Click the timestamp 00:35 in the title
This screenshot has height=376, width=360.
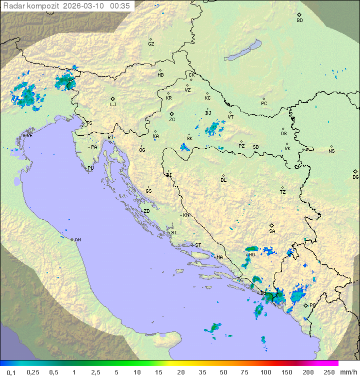click(121, 6)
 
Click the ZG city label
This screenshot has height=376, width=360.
click(172, 120)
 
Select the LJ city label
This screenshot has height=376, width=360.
click(113, 105)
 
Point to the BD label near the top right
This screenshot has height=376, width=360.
click(299, 21)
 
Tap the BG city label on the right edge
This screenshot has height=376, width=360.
click(355, 177)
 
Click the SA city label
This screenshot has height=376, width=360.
click(272, 231)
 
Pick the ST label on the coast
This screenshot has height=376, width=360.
click(198, 245)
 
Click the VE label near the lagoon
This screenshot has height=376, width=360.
click(29, 135)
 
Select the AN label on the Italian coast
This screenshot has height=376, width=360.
click(77, 240)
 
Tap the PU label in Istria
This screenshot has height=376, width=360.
click(90, 168)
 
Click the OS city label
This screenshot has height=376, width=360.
click(283, 134)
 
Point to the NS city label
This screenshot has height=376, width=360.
click(331, 151)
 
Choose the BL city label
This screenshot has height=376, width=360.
click(223, 180)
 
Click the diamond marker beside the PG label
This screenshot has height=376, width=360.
click(305, 305)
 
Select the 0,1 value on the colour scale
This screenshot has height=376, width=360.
click(11, 372)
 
